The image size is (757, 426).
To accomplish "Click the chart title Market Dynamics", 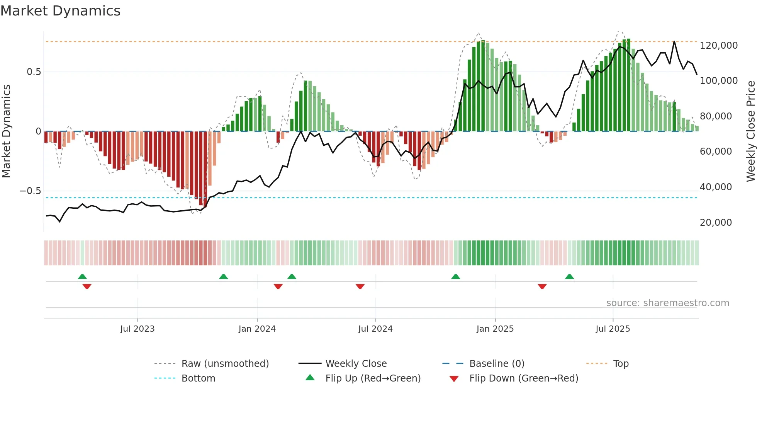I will click(61, 11).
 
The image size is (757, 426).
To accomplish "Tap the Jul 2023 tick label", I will click(137, 329).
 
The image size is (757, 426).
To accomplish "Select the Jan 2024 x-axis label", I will click(257, 329).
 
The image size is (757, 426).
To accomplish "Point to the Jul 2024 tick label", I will click(375, 329).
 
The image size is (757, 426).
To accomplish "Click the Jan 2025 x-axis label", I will click(495, 329).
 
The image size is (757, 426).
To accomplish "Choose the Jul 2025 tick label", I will click(613, 329).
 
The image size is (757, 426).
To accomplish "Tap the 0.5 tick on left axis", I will click(34, 72).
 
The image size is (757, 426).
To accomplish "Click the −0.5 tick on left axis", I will click(30, 191).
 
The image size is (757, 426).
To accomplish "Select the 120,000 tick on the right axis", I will click(719, 46).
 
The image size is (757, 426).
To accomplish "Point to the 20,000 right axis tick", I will click(716, 223).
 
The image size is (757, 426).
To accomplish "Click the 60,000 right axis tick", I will click(716, 152).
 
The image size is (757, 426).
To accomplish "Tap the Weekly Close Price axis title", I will click(750, 131).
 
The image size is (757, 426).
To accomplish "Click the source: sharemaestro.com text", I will click(667, 303).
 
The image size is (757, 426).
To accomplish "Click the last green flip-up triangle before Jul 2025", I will click(569, 276).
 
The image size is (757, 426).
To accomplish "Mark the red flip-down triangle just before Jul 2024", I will click(360, 286).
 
